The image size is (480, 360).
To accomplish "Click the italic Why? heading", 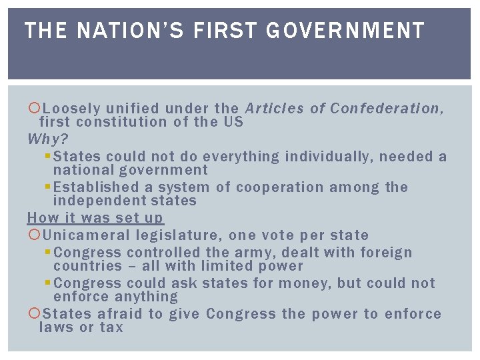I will (47, 139).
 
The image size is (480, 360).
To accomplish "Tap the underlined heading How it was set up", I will (95, 218).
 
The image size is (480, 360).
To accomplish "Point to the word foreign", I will (386, 253).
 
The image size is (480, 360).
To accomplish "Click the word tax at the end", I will (111, 327).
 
